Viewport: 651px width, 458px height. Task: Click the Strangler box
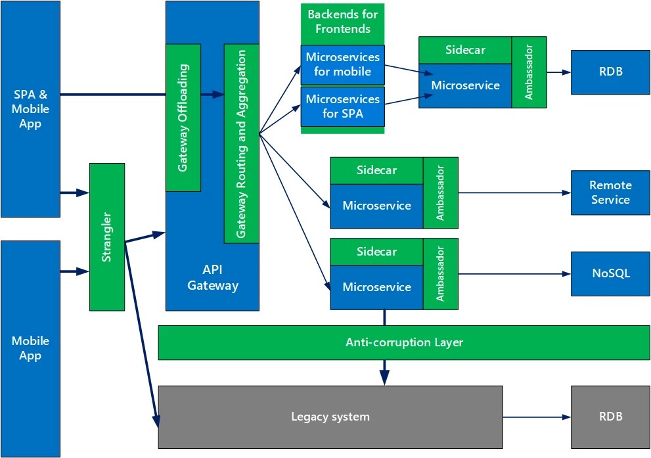[x=107, y=237]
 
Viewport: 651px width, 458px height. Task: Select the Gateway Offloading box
[x=183, y=118]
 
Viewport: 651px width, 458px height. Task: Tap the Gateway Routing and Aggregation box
[x=241, y=143]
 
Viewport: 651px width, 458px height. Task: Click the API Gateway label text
[x=212, y=277]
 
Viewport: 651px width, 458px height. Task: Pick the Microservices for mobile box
[x=342, y=64]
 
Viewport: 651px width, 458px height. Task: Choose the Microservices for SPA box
[x=342, y=106]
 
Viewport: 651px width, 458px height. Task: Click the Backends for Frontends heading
[x=342, y=21]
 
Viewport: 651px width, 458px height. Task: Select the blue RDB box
[x=610, y=72]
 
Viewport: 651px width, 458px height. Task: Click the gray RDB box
[x=610, y=417]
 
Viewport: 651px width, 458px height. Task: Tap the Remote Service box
[x=610, y=193]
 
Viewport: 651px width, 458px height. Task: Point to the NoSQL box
[x=610, y=273]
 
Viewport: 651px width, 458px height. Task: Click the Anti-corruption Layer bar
[x=404, y=342]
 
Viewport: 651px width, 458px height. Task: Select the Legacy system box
[x=330, y=417]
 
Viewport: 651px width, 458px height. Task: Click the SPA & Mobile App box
[x=30, y=109]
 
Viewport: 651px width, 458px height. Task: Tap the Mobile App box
[x=30, y=348]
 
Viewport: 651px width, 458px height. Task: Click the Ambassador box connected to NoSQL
[x=440, y=273]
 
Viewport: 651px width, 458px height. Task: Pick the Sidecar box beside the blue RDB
[x=465, y=50]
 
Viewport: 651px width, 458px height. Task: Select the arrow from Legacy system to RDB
[x=535, y=417]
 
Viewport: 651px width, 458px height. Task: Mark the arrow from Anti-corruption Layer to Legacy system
[x=384, y=373]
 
